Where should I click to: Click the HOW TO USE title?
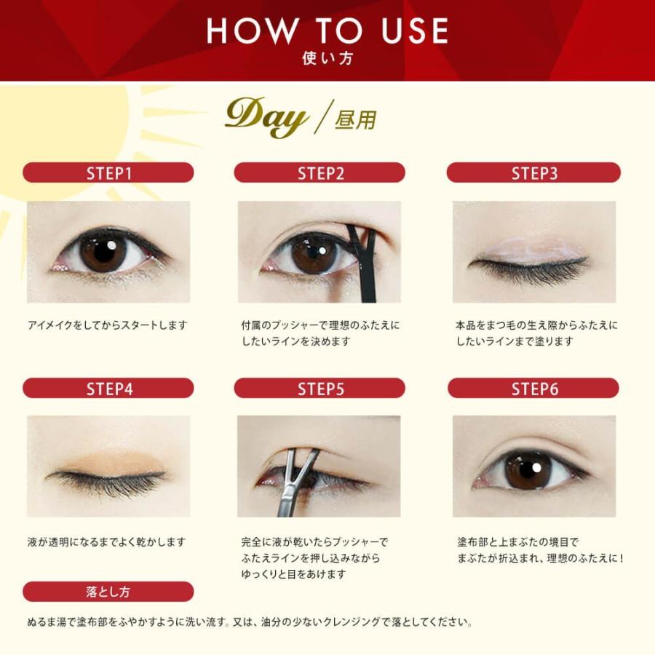tap(327, 30)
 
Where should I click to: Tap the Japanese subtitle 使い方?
tap(327, 58)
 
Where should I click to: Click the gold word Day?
tap(266, 116)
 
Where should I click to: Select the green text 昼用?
tap(355, 120)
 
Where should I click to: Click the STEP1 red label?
tap(108, 172)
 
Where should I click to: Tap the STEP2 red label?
tap(319, 172)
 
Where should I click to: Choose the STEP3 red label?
tap(533, 172)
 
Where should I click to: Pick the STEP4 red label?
tap(108, 389)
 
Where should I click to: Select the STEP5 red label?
tap(319, 389)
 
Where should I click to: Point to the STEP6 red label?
tap(533, 389)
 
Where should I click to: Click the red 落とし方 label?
tap(108, 592)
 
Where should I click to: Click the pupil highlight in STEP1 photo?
tap(112, 245)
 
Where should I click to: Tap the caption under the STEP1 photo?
tap(108, 325)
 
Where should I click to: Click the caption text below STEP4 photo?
tap(106, 542)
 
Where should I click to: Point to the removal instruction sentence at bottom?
tap(250, 622)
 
